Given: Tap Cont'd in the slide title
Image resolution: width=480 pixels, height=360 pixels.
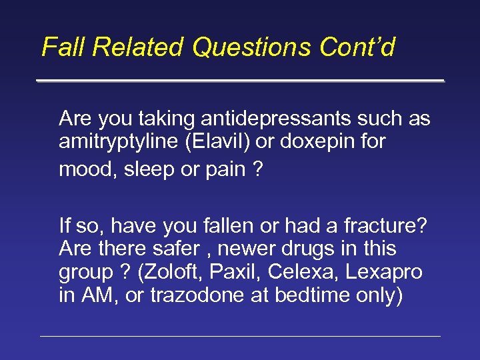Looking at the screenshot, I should tap(358, 47).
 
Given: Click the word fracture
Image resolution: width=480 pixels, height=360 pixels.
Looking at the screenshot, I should tap(382, 226).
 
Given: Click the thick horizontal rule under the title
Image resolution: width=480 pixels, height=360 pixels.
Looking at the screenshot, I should tap(240, 81).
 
